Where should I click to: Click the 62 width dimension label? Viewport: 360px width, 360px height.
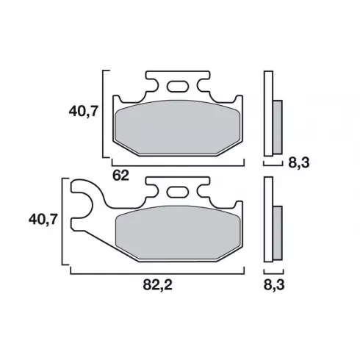coord(120,176)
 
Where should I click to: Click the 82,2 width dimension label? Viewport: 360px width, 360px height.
coord(157,285)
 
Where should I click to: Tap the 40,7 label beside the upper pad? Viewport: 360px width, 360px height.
coord(83,112)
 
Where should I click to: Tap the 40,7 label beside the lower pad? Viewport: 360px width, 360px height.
coord(43,219)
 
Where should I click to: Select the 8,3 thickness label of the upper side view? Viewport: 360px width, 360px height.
coord(299,162)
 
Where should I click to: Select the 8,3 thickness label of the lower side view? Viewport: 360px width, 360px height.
coord(274,285)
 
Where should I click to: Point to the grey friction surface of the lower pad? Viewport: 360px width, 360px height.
coord(179,233)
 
